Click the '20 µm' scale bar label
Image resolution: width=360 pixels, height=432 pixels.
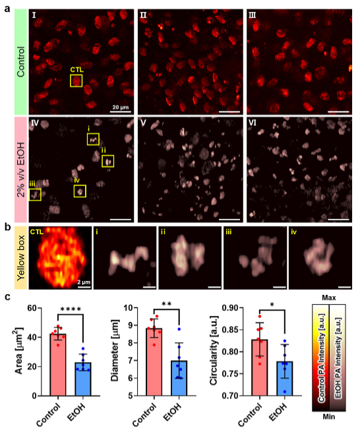click(121, 107)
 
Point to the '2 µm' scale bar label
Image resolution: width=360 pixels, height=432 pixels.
click(84, 282)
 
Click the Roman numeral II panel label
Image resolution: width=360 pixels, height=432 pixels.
click(143, 15)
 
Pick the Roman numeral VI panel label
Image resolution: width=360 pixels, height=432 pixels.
click(253, 123)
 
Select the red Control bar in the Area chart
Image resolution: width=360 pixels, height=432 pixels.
click(58, 365)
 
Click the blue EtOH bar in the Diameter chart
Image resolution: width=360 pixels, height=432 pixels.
click(179, 378)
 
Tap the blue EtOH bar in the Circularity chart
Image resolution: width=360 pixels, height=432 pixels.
click(285, 379)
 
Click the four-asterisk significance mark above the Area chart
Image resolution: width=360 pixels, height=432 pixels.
click(71, 309)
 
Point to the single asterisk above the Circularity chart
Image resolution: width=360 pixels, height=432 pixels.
click(272, 305)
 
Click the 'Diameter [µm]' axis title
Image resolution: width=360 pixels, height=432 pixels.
click(115, 350)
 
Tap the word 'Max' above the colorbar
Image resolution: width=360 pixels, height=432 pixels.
click(329, 298)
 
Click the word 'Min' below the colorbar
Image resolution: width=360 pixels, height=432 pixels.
click(329, 417)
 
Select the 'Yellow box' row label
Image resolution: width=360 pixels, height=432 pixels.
click(21, 258)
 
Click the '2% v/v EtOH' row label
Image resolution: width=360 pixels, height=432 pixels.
click(21, 170)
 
